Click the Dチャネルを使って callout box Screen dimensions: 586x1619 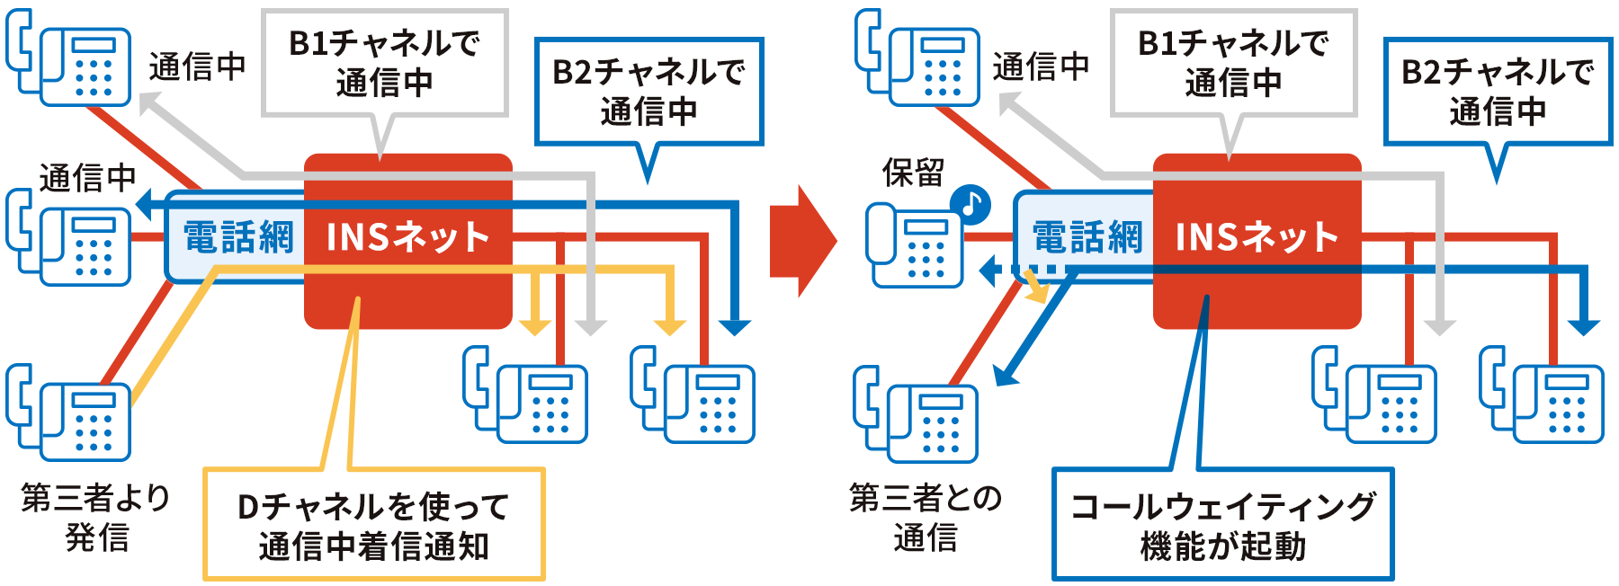click(372, 524)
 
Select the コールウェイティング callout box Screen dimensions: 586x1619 click(1221, 524)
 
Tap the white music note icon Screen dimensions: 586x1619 click(971, 202)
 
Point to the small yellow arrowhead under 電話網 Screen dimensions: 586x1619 click(1042, 293)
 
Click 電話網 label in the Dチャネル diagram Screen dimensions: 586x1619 click(237, 238)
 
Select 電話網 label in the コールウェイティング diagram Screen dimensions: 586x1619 click(1087, 238)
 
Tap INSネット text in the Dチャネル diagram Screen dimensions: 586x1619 click(407, 237)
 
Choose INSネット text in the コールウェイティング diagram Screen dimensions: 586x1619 click(1257, 237)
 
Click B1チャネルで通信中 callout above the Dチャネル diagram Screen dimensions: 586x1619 click(384, 63)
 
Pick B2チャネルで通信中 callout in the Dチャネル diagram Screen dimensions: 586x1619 click(648, 92)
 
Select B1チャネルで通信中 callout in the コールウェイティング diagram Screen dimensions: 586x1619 click(1233, 63)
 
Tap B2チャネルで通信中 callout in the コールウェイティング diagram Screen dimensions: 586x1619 click(1497, 92)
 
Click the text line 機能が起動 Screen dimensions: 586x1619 click(1222, 546)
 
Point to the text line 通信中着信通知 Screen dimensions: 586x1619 click(373, 546)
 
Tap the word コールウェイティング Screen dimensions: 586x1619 click(1222, 506)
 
